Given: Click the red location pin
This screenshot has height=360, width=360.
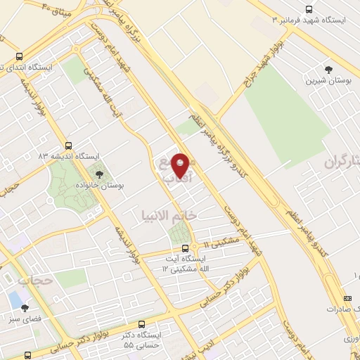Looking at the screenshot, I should pos(181,166).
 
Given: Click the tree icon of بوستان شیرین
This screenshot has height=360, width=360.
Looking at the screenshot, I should pos(328,69).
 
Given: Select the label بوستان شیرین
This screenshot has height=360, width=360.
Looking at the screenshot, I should pos(328,81).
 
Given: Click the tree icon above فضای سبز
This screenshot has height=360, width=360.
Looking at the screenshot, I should pos(25,307).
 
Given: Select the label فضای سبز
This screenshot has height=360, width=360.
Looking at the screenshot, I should pos(25,319).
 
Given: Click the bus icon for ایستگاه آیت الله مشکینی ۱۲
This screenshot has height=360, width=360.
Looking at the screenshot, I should pos(185,247).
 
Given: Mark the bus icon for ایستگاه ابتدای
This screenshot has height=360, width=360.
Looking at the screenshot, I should pos(18,57).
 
